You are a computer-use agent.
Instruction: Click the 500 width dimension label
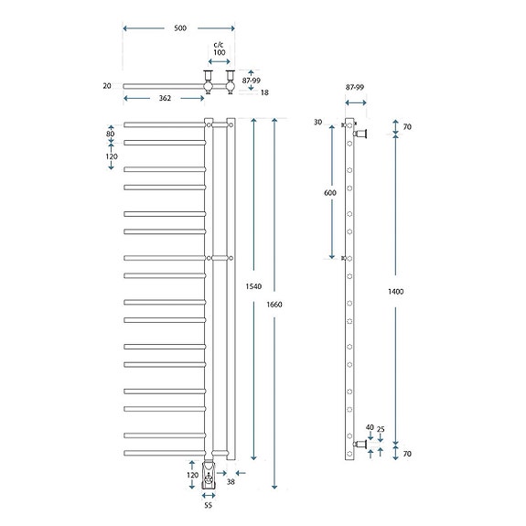pos(180,28)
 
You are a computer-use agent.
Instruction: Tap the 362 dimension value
pos(165,98)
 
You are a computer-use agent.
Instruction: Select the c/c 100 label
pos(219,48)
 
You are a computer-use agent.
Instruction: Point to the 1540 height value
pos(253,286)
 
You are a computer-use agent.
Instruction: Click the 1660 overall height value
pos(274,305)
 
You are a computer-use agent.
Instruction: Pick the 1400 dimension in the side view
pos(396,292)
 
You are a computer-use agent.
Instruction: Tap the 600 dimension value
pos(330,193)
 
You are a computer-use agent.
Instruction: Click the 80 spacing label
pos(111,134)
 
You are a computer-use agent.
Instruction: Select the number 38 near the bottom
pos(231,482)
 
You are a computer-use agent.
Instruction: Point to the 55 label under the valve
pos(208,505)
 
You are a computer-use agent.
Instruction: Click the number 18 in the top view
pos(264,92)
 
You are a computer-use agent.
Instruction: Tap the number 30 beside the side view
pos(317,122)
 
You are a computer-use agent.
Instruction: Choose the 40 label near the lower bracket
pos(370,427)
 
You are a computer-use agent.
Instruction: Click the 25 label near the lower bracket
pos(381,429)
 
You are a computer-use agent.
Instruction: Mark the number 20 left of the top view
pos(107,86)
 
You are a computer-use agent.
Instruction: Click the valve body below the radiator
pos(209,475)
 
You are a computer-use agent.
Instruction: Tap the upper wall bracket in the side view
pos(360,134)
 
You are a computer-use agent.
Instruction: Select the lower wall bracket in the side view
pos(360,445)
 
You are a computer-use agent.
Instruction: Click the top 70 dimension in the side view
pos(407,127)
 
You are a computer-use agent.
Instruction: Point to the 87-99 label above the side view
pos(355,87)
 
